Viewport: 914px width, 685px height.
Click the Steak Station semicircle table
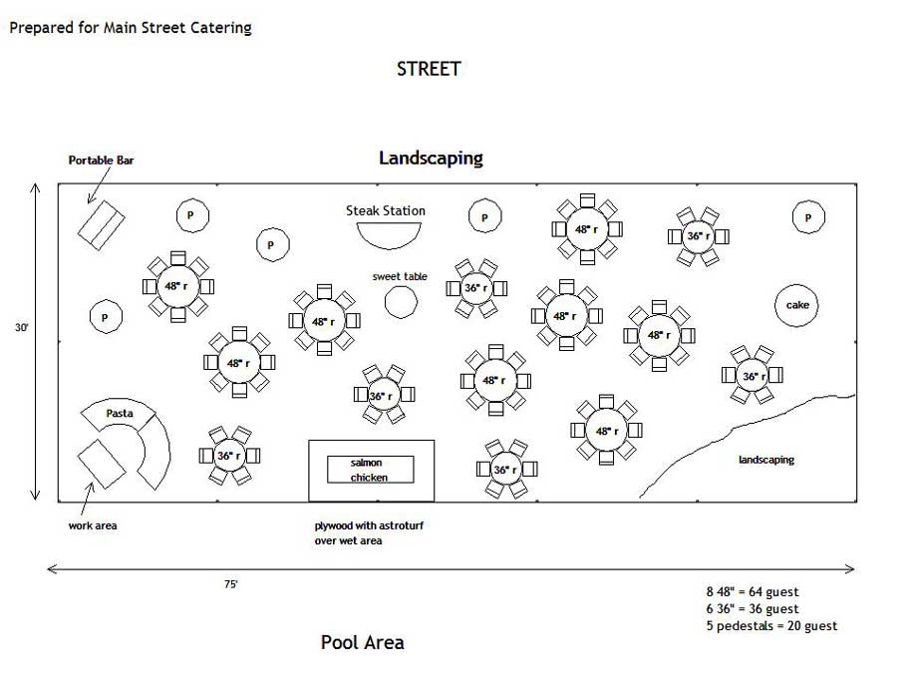(x=386, y=232)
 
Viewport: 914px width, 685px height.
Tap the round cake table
(x=797, y=305)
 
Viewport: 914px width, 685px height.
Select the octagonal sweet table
(x=401, y=301)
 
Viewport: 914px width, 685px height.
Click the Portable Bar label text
(x=101, y=160)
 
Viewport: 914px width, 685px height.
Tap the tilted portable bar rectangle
(x=101, y=223)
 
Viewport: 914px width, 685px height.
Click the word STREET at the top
(x=429, y=69)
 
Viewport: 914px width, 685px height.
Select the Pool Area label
(x=363, y=642)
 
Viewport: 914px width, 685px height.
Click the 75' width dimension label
(x=230, y=585)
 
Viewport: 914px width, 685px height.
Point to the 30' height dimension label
(x=21, y=326)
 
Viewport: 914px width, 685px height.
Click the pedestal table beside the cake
(x=808, y=217)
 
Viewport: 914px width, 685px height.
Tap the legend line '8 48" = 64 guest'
(x=752, y=592)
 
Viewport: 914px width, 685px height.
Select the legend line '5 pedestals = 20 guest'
(x=770, y=626)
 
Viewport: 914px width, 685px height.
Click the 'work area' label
(x=93, y=525)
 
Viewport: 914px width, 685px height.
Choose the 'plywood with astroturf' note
(x=362, y=524)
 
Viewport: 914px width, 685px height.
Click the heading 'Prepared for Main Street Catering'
(x=131, y=28)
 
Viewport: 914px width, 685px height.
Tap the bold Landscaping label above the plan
(x=431, y=158)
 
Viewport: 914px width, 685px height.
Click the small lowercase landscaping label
(x=765, y=460)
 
